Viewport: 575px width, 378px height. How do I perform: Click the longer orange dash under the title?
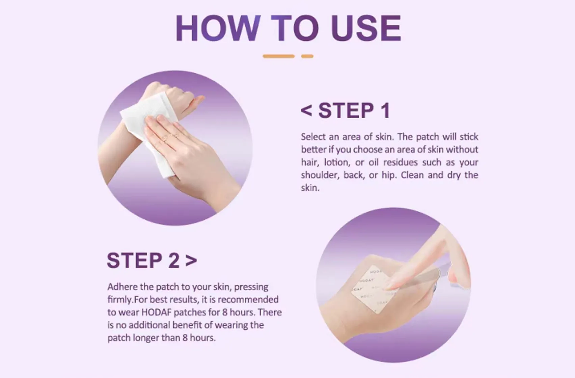[x=278, y=56]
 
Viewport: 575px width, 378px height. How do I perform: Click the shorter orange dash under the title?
[x=307, y=56]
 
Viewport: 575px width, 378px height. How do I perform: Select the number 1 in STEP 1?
[x=385, y=111]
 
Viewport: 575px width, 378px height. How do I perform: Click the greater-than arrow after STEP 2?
[x=191, y=261]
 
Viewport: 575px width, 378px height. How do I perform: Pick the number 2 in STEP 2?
[x=174, y=261]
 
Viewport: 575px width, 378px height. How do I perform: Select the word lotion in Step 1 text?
[x=336, y=162]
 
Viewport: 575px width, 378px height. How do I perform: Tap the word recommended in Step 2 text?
[x=248, y=300]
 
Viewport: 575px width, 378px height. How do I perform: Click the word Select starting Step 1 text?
[x=313, y=137]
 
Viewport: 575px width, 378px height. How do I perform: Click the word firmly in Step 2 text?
[x=119, y=300]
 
